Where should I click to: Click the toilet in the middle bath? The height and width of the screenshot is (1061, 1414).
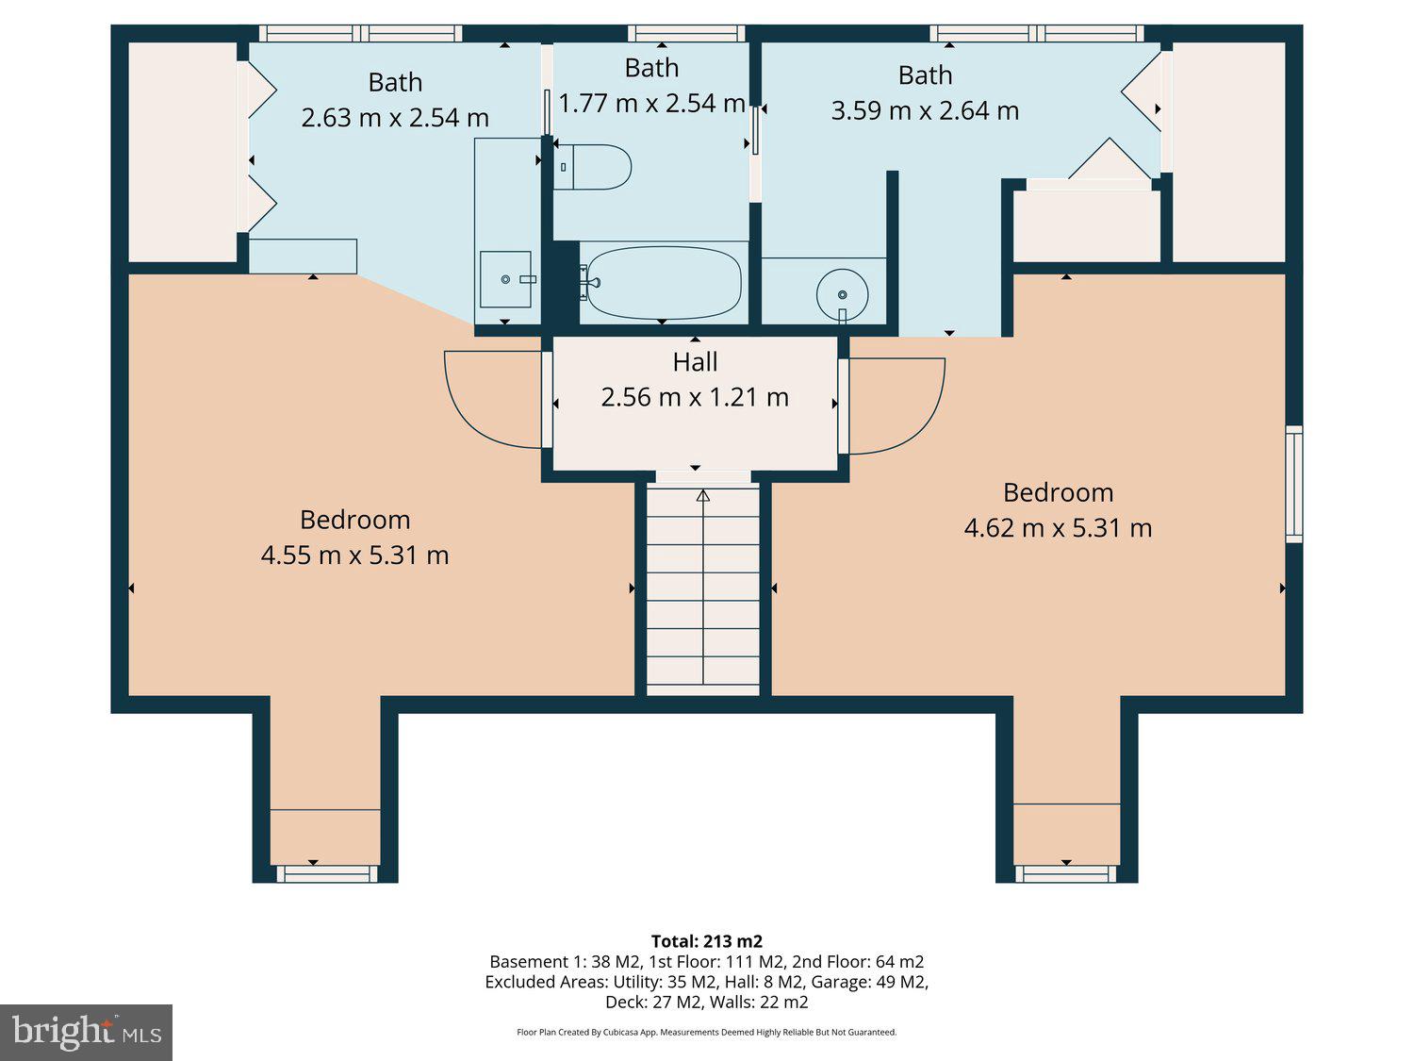[594, 167]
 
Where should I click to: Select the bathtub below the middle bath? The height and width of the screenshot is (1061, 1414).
[663, 283]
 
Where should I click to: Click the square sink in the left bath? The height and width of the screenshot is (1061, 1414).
[506, 279]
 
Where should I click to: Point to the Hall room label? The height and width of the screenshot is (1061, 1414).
[695, 362]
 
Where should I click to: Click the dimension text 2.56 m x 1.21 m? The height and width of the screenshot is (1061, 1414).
[695, 397]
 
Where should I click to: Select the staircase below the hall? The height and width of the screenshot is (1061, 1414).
[702, 589]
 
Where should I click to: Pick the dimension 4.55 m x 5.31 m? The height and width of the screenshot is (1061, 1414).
[354, 555]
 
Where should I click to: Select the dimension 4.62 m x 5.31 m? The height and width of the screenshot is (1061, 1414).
[1058, 528]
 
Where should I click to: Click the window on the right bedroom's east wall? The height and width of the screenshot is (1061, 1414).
[1294, 484]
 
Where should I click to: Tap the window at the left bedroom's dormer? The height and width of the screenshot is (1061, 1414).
[326, 874]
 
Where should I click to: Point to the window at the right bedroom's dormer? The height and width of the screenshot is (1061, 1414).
[1066, 874]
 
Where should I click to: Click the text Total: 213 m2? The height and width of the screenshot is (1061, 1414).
[706, 941]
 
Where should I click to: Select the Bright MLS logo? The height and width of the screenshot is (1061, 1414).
[86, 1032]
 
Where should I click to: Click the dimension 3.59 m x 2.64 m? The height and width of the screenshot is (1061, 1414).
[925, 111]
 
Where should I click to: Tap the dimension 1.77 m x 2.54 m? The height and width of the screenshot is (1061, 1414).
[651, 103]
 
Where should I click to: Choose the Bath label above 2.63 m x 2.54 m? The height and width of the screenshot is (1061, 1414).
[395, 83]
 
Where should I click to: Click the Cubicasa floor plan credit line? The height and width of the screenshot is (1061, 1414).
[706, 1033]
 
